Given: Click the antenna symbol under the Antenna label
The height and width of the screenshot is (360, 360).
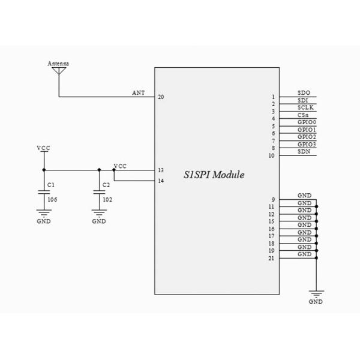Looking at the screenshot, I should pyautogui.click(x=59, y=71).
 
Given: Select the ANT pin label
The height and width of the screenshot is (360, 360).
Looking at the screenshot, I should pyautogui.click(x=138, y=93).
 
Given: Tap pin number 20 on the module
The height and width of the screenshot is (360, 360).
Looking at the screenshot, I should pyautogui.click(x=161, y=97).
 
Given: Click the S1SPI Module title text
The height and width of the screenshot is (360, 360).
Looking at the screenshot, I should pyautogui.click(x=214, y=175).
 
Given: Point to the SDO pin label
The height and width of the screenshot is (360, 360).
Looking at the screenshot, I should pyautogui.click(x=304, y=93).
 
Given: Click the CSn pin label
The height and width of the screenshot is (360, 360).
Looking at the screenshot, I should pyautogui.click(x=304, y=115).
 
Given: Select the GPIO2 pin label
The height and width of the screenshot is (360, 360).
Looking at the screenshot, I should pyautogui.click(x=307, y=137).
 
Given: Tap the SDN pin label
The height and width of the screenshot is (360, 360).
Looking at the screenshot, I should pyautogui.click(x=304, y=152).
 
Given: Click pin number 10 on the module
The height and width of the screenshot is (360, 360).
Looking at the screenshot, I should pyautogui.click(x=272, y=155).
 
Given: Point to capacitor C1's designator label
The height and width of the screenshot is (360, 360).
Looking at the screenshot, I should pyautogui.click(x=50, y=185).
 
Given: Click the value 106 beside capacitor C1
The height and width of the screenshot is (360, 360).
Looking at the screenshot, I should pyautogui.click(x=52, y=198).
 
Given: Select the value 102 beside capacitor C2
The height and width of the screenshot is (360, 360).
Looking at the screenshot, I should pyautogui.click(x=107, y=198).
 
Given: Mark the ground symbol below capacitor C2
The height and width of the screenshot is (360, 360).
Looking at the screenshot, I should pyautogui.click(x=98, y=213).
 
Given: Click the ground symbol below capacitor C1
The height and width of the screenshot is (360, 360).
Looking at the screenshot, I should pyautogui.click(x=43, y=213).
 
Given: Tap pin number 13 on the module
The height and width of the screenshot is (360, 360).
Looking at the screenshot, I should pyautogui.click(x=161, y=170).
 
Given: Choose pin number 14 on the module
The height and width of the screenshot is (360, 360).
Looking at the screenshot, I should pyautogui.click(x=161, y=181).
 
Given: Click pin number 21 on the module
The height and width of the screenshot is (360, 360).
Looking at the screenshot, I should pyautogui.click(x=272, y=259).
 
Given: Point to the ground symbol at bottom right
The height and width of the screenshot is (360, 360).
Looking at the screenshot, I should pyautogui.click(x=316, y=293).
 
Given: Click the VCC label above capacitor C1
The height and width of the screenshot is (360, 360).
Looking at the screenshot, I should pyautogui.click(x=43, y=147).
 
